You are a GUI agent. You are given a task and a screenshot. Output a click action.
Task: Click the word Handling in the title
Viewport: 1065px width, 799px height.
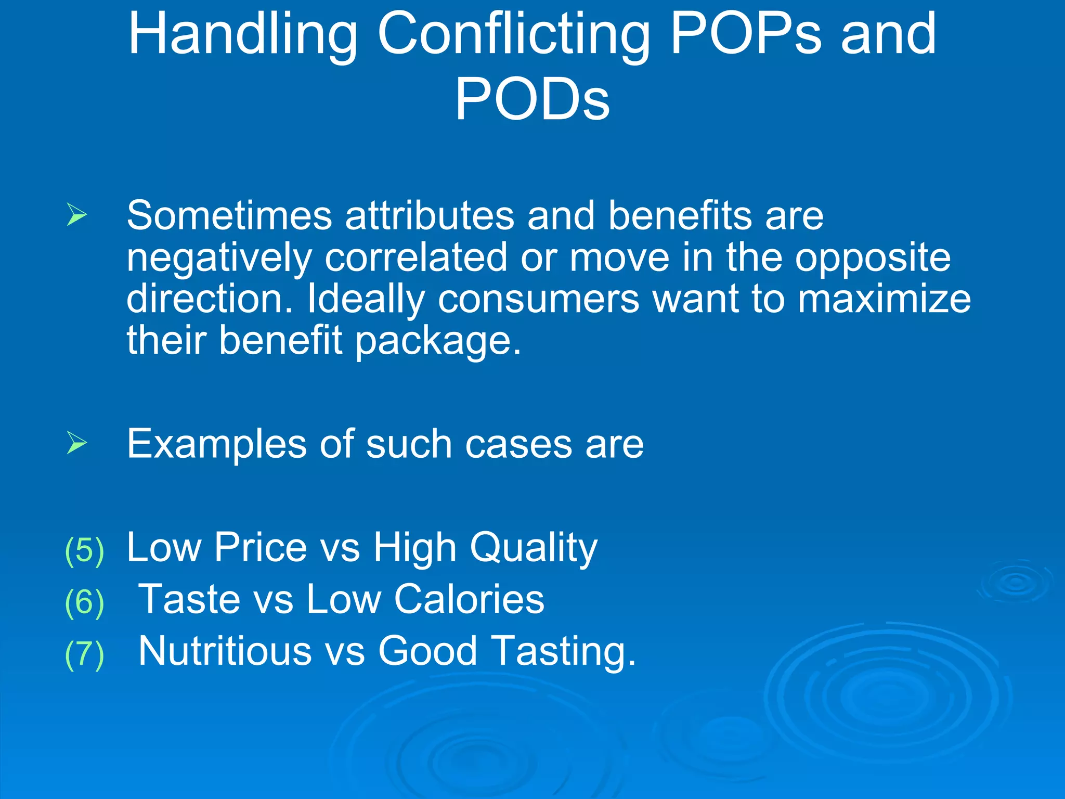(x=243, y=35)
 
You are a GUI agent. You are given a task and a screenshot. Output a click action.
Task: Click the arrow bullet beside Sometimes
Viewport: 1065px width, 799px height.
(x=77, y=214)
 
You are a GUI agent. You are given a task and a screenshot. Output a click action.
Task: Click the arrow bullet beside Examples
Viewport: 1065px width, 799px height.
(x=77, y=443)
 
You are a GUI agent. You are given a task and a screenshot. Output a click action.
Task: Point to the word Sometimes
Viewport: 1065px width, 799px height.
(x=229, y=215)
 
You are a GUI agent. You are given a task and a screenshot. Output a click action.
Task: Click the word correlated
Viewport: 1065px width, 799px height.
(x=415, y=257)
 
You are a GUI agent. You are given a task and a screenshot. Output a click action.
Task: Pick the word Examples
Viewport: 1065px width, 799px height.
(x=217, y=445)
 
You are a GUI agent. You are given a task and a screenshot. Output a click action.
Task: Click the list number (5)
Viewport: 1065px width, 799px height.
(x=85, y=550)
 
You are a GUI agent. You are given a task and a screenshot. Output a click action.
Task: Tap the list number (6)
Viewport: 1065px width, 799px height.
(x=85, y=602)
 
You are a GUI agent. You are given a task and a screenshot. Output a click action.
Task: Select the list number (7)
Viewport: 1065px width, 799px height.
(x=85, y=654)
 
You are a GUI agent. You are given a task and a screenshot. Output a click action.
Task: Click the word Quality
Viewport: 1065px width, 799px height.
(x=534, y=548)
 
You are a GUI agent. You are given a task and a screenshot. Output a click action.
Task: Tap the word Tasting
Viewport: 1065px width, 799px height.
(x=564, y=652)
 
